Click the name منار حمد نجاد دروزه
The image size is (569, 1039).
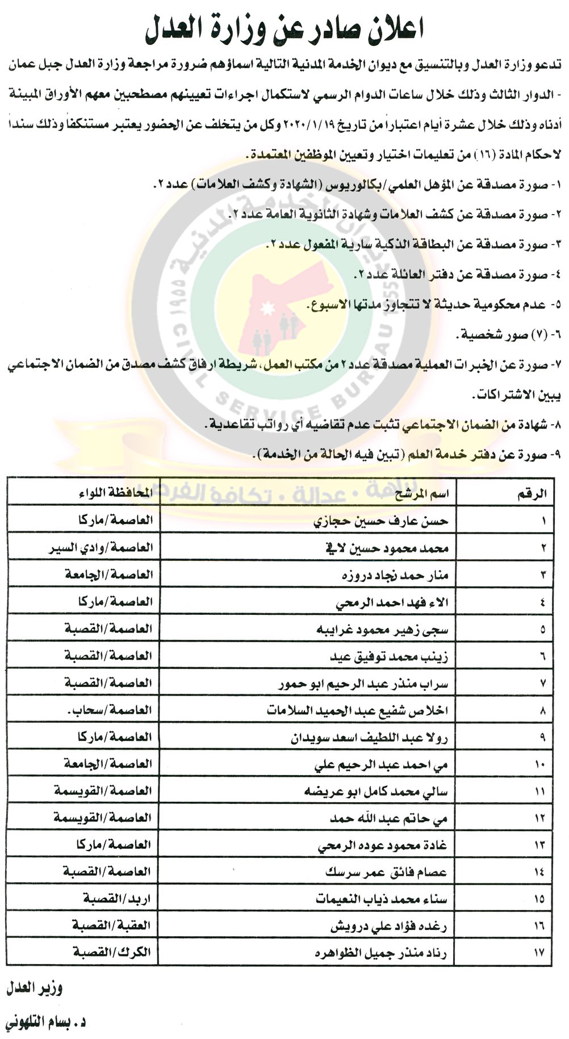[x=395, y=575]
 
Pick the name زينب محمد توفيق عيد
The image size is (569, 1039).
[x=389, y=657]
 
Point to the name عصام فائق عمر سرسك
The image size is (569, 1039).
[x=386, y=872]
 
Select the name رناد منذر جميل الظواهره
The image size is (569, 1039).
[x=380, y=953]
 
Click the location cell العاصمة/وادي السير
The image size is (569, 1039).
[x=101, y=548]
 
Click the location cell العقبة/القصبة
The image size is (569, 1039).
[x=111, y=925]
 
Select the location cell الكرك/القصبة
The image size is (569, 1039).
[x=112, y=952]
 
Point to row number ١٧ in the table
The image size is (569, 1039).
[x=539, y=953]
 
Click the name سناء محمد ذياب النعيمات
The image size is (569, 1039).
[x=381, y=899]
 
